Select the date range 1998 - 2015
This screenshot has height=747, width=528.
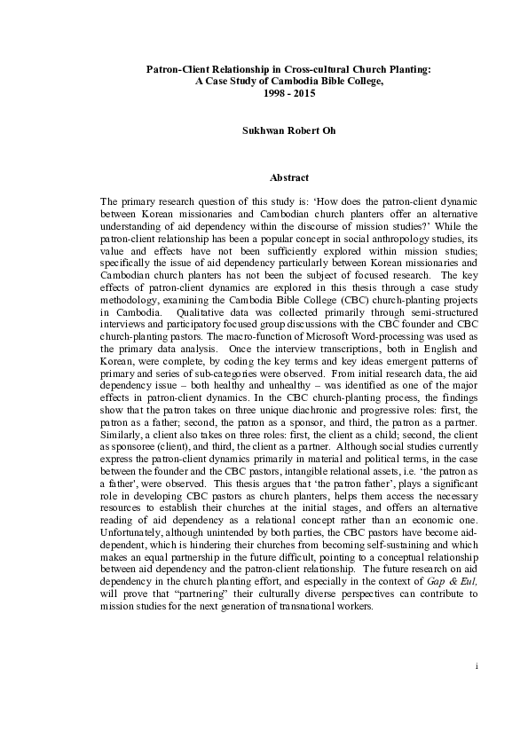pyautogui.click(x=264, y=90)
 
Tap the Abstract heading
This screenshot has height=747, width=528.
pyautogui.click(x=264, y=178)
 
